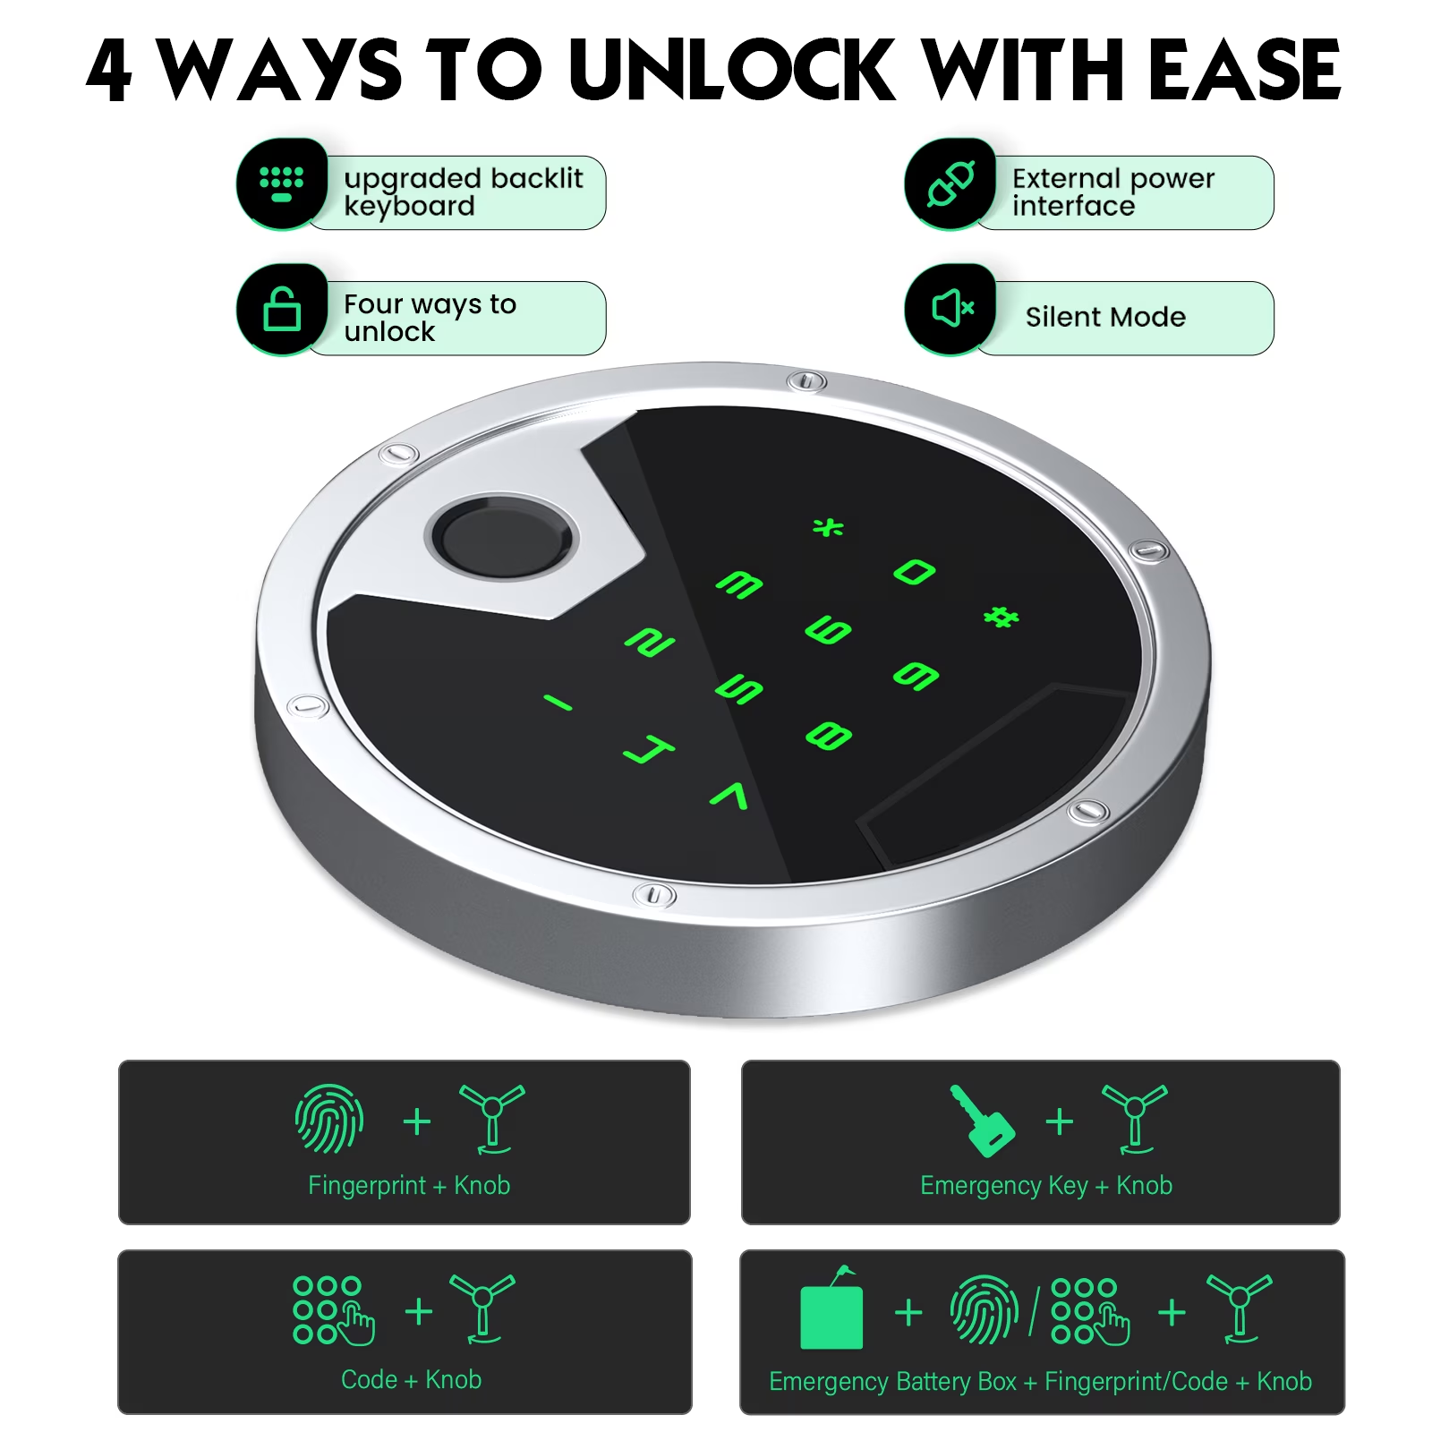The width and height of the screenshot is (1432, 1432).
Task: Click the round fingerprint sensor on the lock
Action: pyautogui.click(x=501, y=539)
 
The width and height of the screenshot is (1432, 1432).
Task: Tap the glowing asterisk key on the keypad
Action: pyautogui.click(x=828, y=527)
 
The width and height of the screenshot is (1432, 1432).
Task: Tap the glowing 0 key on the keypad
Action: pyautogui.click(x=915, y=571)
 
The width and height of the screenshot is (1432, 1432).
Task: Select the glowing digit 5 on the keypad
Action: pyautogui.click(x=739, y=688)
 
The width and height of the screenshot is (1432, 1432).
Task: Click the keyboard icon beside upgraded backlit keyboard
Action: pyautogui.click(x=281, y=183)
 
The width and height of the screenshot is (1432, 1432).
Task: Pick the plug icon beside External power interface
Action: pyautogui.click(x=950, y=183)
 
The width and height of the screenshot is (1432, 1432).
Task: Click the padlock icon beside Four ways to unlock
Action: pyautogui.click(x=282, y=309)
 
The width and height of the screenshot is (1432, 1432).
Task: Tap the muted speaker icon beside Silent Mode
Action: pyautogui.click(x=952, y=309)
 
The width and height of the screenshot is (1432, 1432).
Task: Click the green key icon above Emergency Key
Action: pyautogui.click(x=982, y=1121)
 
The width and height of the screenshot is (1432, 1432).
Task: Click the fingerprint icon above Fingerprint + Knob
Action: pyautogui.click(x=329, y=1119)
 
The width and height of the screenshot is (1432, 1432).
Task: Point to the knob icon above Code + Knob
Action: pyautogui.click(x=482, y=1308)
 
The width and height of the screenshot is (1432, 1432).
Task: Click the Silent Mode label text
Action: pyautogui.click(x=1105, y=317)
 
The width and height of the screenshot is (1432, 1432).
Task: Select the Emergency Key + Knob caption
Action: pyautogui.click(x=1046, y=1185)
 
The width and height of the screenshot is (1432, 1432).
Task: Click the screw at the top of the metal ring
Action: pyautogui.click(x=806, y=382)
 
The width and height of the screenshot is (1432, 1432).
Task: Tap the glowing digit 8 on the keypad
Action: pyautogui.click(x=829, y=736)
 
